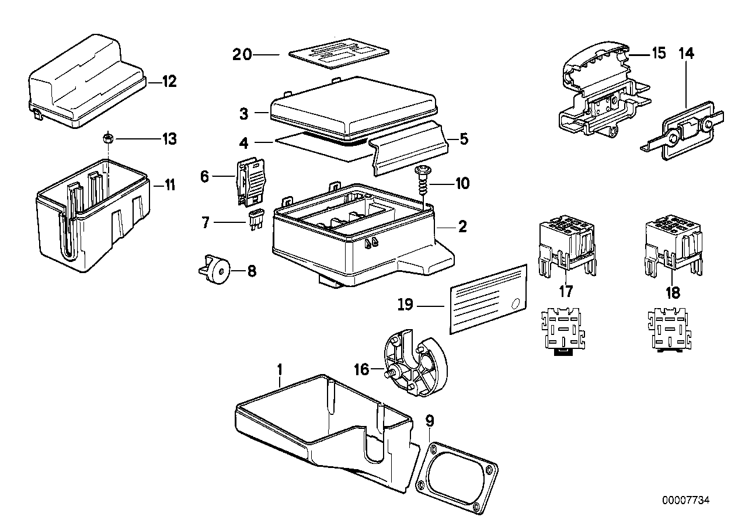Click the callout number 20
[x=242, y=54]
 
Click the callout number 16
[x=361, y=369]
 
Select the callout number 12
[x=169, y=81]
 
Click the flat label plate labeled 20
[x=339, y=54]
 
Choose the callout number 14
[x=686, y=53]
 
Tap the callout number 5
[x=464, y=139]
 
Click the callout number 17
[x=565, y=291]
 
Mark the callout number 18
[x=673, y=292]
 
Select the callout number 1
[x=280, y=369]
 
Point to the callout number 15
[x=659, y=53]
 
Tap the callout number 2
[x=462, y=227]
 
